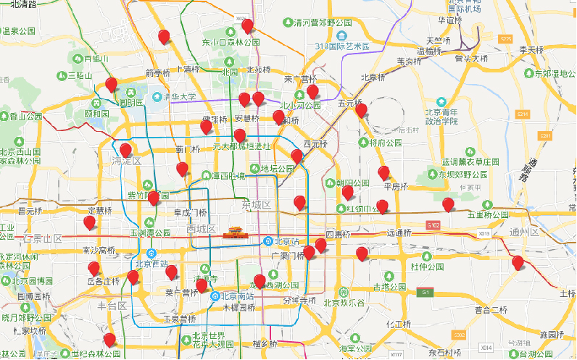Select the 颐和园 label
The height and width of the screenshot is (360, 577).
(x=96, y=114)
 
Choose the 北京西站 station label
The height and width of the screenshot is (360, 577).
(x=156, y=264)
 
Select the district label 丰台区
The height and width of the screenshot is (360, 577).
(x=112, y=306)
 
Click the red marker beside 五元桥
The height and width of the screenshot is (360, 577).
(x=361, y=111)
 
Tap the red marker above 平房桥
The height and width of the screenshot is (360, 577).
(x=383, y=172)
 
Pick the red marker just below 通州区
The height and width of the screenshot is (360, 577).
(x=518, y=262)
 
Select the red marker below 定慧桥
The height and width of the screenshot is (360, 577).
(x=90, y=222)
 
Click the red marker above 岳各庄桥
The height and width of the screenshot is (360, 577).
(x=94, y=268)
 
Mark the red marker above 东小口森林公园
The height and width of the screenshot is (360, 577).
(x=248, y=26)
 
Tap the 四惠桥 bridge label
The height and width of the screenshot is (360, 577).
(x=337, y=235)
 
